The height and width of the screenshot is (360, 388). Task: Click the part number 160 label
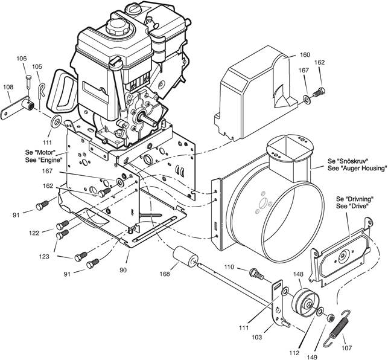[305, 54]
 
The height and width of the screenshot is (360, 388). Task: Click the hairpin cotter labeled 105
[42, 90]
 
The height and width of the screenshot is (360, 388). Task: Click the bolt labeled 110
[256, 274]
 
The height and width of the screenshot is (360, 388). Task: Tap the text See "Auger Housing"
[357, 169]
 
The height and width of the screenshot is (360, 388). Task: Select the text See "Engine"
[43, 160]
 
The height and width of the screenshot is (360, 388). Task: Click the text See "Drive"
[351, 206]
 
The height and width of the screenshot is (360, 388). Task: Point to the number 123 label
[44, 257]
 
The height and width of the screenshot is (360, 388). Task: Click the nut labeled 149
[330, 318]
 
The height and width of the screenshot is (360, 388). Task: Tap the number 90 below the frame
[123, 270]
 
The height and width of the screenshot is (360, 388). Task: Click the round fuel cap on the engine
[116, 26]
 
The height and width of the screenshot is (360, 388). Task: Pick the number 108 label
[8, 87]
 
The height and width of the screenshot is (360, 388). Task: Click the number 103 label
[256, 337]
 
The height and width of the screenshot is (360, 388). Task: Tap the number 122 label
[34, 233]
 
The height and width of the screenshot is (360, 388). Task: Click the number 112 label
[294, 353]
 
